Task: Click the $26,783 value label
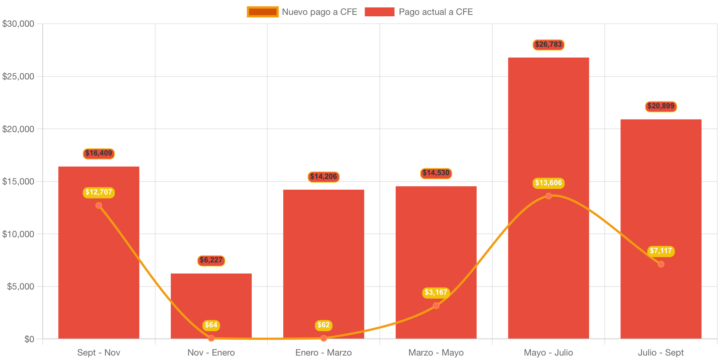pyautogui.click(x=548, y=45)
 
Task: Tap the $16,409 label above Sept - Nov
pyautogui.click(x=99, y=153)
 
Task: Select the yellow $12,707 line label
pyautogui.click(x=99, y=192)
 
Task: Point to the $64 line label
pyautogui.click(x=211, y=325)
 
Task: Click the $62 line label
pyautogui.click(x=323, y=325)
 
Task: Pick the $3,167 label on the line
pyautogui.click(x=436, y=292)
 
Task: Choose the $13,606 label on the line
pyautogui.click(x=548, y=183)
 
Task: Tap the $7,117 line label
pyautogui.click(x=661, y=251)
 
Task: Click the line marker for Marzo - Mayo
pyautogui.click(x=436, y=305)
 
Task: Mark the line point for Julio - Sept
pyautogui.click(x=661, y=264)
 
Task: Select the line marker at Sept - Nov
pyautogui.click(x=99, y=206)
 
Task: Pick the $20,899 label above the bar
pyautogui.click(x=661, y=106)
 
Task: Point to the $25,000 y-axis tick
pyautogui.click(x=18, y=76)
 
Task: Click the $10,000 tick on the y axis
pyautogui.click(x=18, y=234)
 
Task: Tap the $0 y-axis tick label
pyautogui.click(x=29, y=339)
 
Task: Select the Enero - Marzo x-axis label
pyautogui.click(x=323, y=353)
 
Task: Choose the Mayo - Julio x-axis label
pyautogui.click(x=548, y=353)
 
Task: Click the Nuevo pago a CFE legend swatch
pyautogui.click(x=262, y=12)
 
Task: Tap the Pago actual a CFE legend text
pyautogui.click(x=436, y=12)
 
